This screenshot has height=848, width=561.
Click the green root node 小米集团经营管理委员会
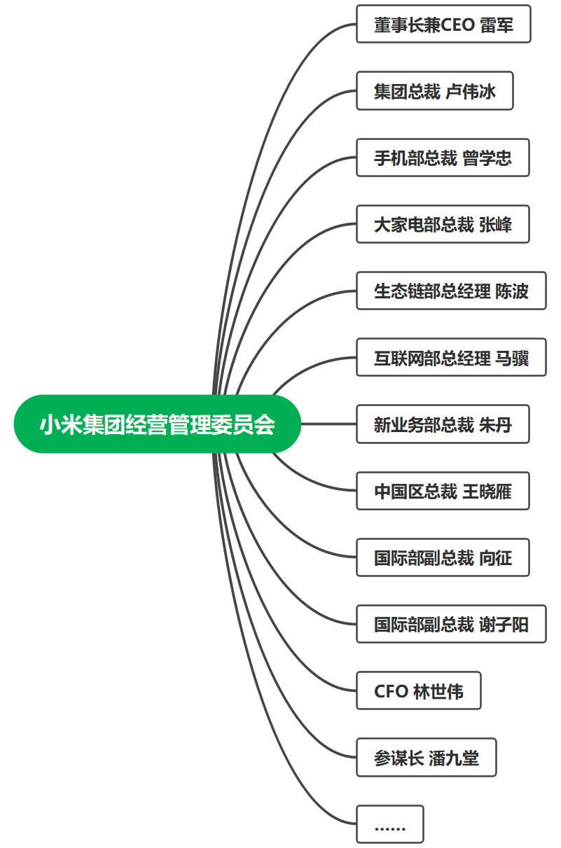pos(158,424)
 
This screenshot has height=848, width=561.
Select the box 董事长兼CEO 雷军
pos(443,25)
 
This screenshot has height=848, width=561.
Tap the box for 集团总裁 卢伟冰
pos(435,91)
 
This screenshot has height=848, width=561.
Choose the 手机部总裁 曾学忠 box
pos(443,158)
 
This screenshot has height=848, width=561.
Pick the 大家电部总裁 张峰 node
pos(443,225)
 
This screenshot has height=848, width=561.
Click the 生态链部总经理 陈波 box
pos(451,291)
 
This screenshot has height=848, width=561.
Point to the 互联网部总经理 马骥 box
pos(451,358)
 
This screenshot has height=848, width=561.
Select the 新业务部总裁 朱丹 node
pos(443,424)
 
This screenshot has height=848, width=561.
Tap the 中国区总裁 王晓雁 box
pos(443,491)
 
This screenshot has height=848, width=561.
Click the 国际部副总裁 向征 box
pos(443,557)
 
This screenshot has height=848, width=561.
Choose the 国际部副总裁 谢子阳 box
pos(451,624)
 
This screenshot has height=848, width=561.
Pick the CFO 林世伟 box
pos(419,691)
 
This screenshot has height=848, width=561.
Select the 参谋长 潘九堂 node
pos(427,758)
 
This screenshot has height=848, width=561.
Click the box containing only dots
pos(390,824)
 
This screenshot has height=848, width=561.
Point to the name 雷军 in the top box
pos(497,25)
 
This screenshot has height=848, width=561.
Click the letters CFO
pos(391,692)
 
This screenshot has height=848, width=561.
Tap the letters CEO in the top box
pos(457,25)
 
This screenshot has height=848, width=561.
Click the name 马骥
pos(512,358)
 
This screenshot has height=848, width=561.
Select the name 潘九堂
pos(454,758)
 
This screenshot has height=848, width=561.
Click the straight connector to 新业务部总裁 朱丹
pos(328,424)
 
